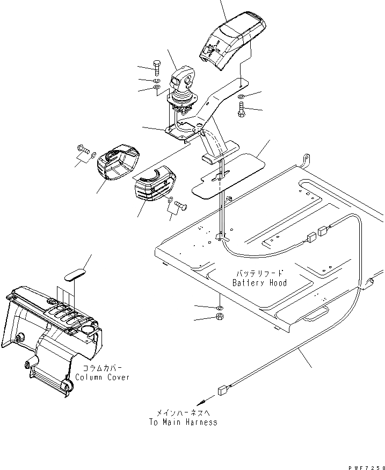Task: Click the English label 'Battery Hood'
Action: (x=259, y=283)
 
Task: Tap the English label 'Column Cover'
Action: (x=103, y=377)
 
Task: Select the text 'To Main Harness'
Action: (x=183, y=422)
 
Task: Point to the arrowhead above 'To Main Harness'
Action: (x=201, y=402)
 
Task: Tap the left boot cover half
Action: (x=117, y=163)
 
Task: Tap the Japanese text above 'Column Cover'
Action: (x=102, y=368)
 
